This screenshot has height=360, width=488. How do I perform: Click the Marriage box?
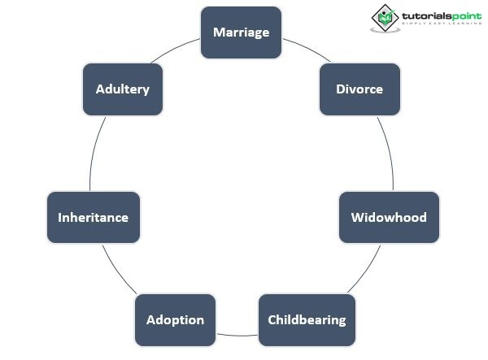tap(241, 33)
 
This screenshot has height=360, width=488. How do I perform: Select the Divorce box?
tap(359, 89)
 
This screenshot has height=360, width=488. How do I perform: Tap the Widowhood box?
tap(389, 218)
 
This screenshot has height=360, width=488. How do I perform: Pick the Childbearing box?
tap(307, 319)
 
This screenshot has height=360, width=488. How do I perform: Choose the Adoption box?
tap(175, 319)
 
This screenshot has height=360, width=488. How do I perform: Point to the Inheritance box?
tap(94, 218)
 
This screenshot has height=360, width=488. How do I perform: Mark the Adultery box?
tap(123, 89)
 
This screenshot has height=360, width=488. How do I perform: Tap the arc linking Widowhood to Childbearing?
tap(365, 272)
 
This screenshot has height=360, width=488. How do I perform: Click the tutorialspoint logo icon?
tap(384, 18)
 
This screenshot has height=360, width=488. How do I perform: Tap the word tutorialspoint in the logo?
tap(438, 14)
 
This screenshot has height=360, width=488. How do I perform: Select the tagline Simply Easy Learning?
tap(438, 26)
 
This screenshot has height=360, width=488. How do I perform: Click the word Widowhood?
tap(389, 218)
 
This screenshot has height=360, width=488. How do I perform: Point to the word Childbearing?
tap(307, 319)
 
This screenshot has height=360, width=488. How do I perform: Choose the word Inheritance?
tap(94, 218)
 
